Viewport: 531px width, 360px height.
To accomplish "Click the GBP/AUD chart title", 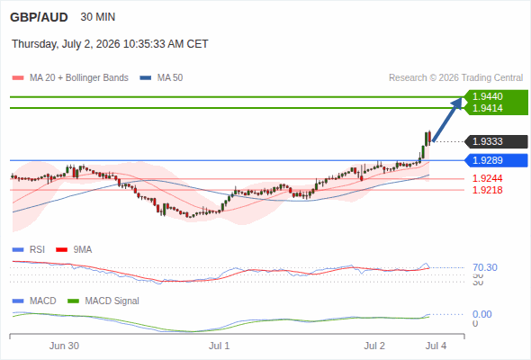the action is click(x=39, y=17).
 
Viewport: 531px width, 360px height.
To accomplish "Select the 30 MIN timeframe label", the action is click(x=98, y=17).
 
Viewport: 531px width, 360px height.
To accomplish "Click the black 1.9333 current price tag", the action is click(x=497, y=141).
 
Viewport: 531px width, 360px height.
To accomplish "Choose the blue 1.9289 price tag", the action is click(x=497, y=160).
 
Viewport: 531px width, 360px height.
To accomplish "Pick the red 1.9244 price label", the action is click(x=487, y=178).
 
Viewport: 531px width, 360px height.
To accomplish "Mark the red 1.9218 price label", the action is click(x=487, y=190).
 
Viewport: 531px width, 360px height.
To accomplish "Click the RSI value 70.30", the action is click(x=485, y=267).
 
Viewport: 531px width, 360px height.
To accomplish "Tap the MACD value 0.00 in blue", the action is click(x=481, y=314).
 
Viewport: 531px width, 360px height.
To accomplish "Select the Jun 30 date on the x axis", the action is click(x=64, y=346).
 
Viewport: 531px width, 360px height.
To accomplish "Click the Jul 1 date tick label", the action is click(x=219, y=346).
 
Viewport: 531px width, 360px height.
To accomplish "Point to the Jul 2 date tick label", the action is click(x=374, y=346).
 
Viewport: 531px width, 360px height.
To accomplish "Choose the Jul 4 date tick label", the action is click(x=436, y=346).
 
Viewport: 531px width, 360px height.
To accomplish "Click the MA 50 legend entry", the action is click(x=161, y=78).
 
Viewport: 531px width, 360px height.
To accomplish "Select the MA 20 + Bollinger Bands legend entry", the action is click(x=70, y=78).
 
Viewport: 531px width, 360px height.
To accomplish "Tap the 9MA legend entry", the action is click(x=74, y=249).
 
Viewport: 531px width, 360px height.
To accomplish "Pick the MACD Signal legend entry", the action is click(x=103, y=301).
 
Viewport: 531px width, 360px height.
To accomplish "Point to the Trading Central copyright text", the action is click(x=455, y=78).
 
